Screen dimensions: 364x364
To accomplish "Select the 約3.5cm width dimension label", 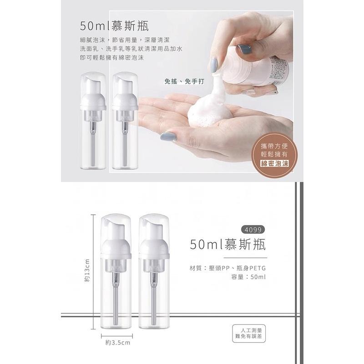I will [x=118, y=342].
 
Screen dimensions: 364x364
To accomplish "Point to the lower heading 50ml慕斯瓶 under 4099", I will [x=227, y=245].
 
